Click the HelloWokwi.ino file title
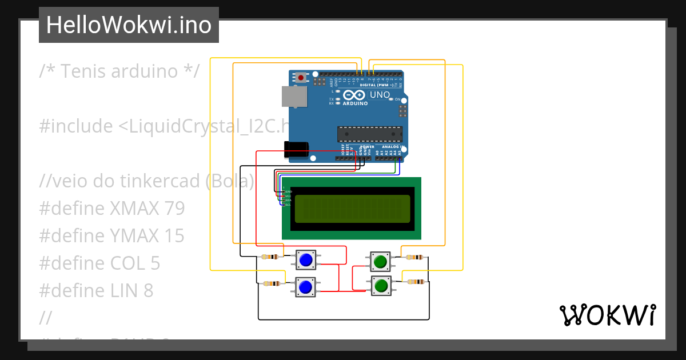point(129,25)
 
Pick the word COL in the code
point(129,263)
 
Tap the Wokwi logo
point(607,315)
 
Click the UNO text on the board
point(380,95)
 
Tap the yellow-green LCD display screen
point(352,209)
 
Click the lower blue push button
point(306,286)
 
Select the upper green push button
point(381,261)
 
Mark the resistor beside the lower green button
point(416,281)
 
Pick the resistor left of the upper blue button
point(270,257)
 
